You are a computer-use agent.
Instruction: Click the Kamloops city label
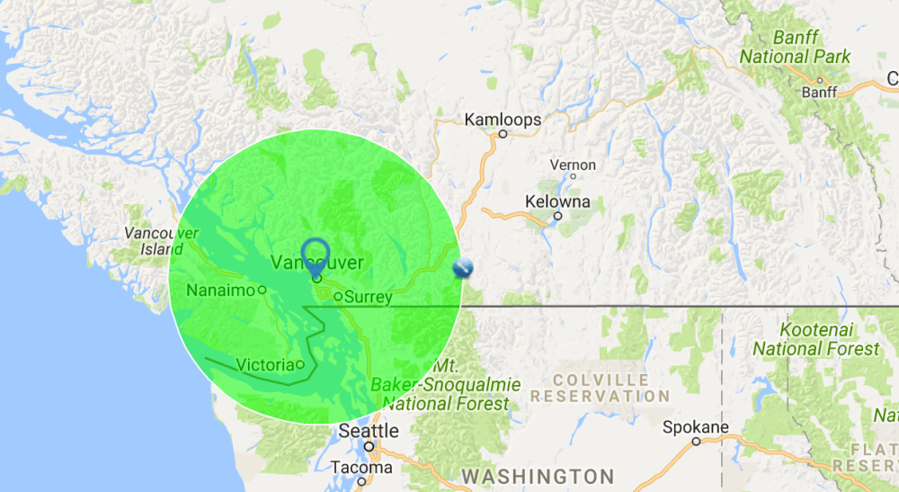[503, 119]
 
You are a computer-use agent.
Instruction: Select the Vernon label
[572, 165]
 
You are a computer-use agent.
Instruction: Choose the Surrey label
[368, 297]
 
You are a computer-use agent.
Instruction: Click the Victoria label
[265, 364]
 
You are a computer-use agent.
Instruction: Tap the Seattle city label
[369, 431]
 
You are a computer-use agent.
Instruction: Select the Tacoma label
[361, 468]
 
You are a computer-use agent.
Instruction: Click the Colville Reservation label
[601, 388]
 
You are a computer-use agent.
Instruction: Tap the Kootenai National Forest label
[816, 339]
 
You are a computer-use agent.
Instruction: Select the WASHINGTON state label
[538, 476]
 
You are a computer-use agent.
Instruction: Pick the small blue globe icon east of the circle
[462, 268]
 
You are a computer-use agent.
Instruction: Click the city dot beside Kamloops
[503, 134]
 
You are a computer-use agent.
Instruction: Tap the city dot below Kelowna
[558, 216]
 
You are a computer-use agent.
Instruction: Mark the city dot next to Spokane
[696, 442]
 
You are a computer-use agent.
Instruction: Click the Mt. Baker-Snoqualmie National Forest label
[448, 385]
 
